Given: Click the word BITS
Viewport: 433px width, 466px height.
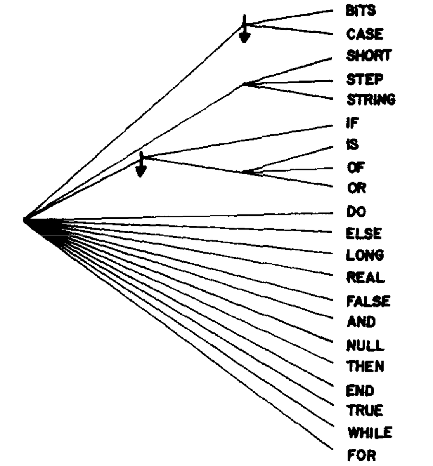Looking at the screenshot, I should tap(360, 11).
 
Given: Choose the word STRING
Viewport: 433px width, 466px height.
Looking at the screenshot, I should tap(371, 100).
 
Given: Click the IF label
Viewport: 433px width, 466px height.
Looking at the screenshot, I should tap(352, 123).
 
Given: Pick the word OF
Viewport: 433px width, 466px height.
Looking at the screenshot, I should tap(356, 167).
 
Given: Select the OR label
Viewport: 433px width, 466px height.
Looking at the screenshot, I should tap(356, 188).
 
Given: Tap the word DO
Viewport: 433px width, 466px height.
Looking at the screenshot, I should tap(356, 212).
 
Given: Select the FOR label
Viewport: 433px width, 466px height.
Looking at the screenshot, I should tap(361, 455).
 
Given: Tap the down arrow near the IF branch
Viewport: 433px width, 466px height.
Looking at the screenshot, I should tap(141, 166).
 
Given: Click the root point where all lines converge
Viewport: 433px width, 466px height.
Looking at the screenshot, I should tap(25, 220).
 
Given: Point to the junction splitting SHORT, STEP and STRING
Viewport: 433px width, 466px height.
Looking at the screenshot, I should tap(244, 83).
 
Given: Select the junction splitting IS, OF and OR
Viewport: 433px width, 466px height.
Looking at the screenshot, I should tap(242, 172).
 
